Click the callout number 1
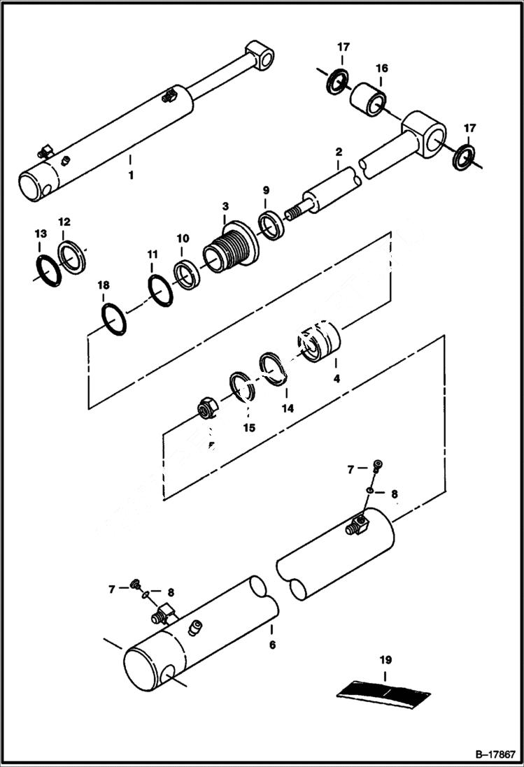coord(130,175)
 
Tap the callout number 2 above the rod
coord(338,152)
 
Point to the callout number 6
coord(272,644)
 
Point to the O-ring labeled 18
coord(114,318)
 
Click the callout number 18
coord(104,285)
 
